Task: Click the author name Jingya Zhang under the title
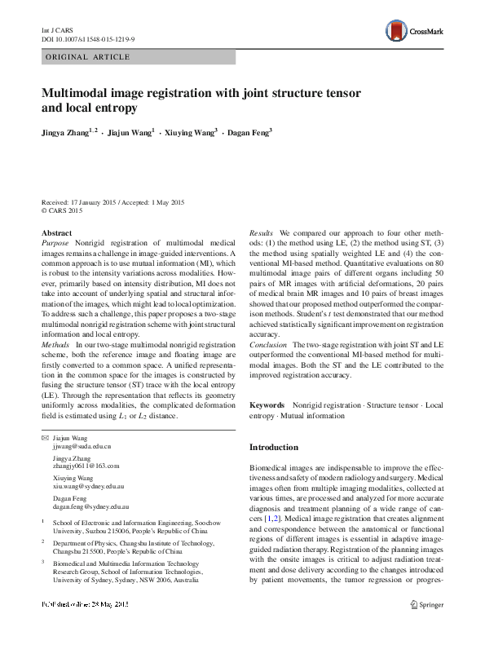67,131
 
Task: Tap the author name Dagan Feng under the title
248,131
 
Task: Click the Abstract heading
56,232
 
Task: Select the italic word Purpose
55,244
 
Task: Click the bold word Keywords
267,404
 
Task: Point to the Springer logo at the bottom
426,627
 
